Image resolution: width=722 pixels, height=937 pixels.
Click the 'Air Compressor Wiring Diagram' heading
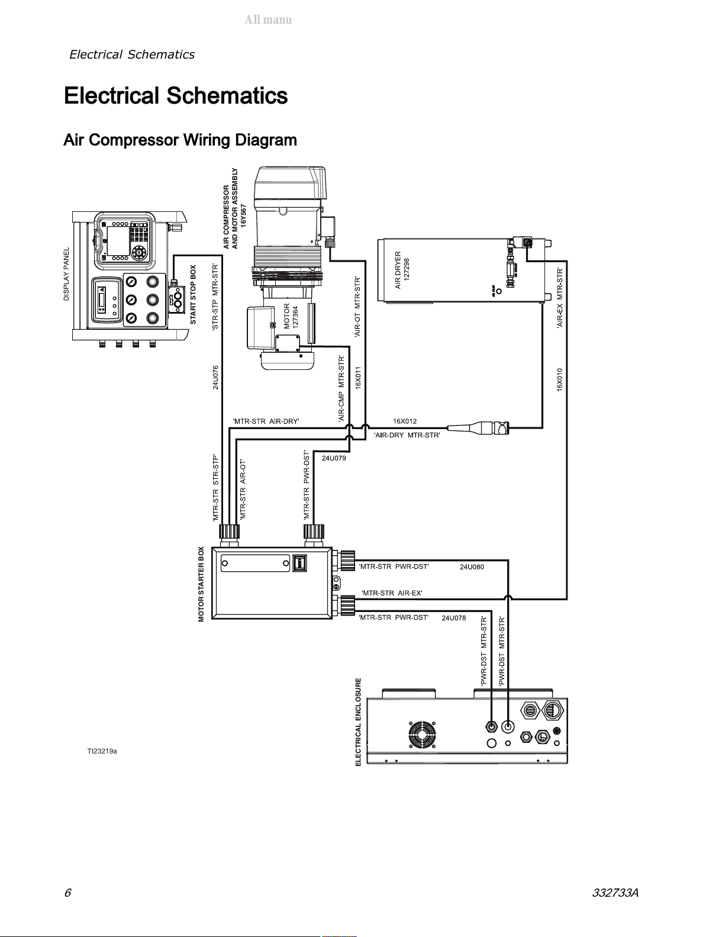coord(180,141)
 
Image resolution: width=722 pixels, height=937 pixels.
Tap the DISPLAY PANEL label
coord(67,274)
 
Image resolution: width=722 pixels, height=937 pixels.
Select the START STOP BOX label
coord(193,294)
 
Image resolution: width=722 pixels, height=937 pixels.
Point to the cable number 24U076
coord(216,378)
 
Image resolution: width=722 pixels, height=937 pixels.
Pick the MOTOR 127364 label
coord(291,316)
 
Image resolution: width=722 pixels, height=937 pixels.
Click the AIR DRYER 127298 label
coord(402,270)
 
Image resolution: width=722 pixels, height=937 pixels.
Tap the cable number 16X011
coord(358,378)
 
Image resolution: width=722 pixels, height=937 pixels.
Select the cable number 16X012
coord(405,421)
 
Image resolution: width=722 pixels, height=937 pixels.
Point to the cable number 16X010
coord(559,379)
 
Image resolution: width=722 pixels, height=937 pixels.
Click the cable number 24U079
coord(334,458)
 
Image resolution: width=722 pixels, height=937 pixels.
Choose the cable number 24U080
coord(472,567)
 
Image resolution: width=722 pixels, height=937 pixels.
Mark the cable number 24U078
coord(453,618)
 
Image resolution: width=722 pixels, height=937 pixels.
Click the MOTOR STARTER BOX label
coord(201,584)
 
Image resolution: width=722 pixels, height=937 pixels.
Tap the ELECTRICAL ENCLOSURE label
coord(358,722)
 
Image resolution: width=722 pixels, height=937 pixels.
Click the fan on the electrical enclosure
coord(423,737)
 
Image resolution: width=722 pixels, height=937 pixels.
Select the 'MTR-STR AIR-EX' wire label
coord(392,593)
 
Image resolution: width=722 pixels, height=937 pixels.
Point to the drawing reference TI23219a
coord(102,751)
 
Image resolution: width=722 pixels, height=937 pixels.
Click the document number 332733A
coord(615,893)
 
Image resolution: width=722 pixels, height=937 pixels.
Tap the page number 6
coord(67,893)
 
